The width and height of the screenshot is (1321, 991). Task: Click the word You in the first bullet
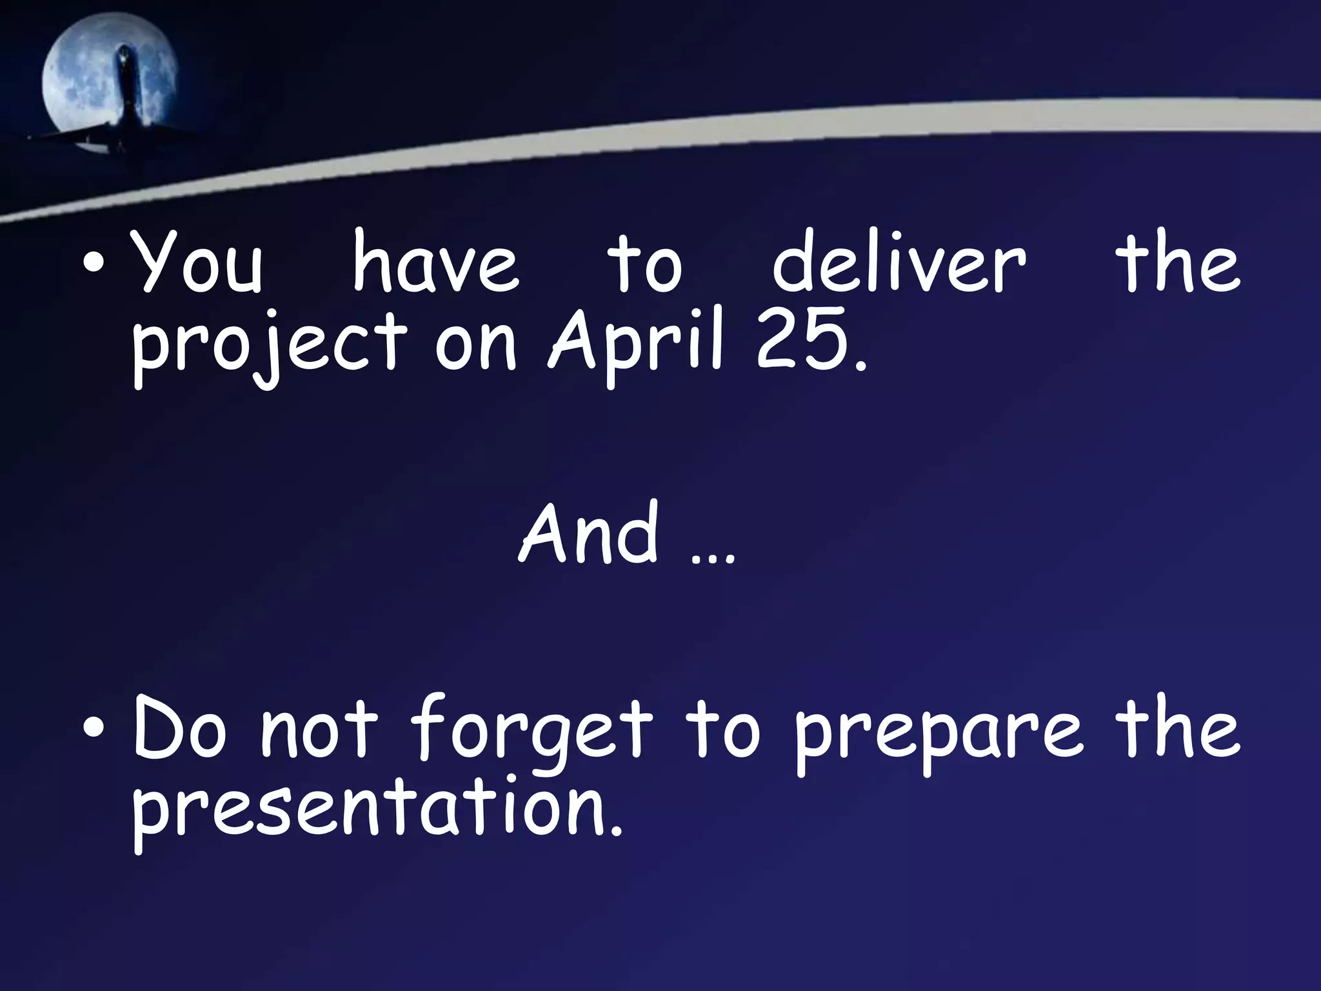click(197, 265)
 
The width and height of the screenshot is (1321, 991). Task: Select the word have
click(435, 265)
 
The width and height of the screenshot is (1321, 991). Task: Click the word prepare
click(939, 739)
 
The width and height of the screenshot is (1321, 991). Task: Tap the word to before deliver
click(644, 265)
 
